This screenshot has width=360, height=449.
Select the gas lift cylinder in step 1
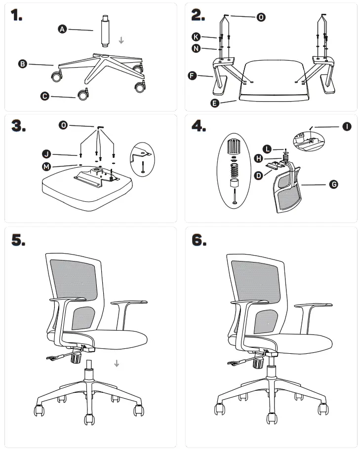tap(105, 32)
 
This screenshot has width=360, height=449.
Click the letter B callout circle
tap(22, 63)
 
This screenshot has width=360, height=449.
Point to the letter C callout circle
tap(45, 96)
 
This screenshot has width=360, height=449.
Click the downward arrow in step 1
tap(121, 40)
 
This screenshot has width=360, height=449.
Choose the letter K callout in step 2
tap(196, 37)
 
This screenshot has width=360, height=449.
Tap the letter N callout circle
tap(196, 48)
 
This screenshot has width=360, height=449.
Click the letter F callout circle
tap(193, 75)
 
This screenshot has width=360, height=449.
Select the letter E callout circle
tap(214, 103)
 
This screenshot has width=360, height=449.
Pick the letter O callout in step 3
tap(63, 125)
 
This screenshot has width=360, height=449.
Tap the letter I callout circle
tap(347, 127)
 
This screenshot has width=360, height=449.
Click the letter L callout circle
tap(268, 149)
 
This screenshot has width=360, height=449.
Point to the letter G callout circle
tap(333, 185)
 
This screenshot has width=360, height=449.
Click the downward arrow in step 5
tap(117, 364)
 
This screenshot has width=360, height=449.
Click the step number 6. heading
tap(199, 240)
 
